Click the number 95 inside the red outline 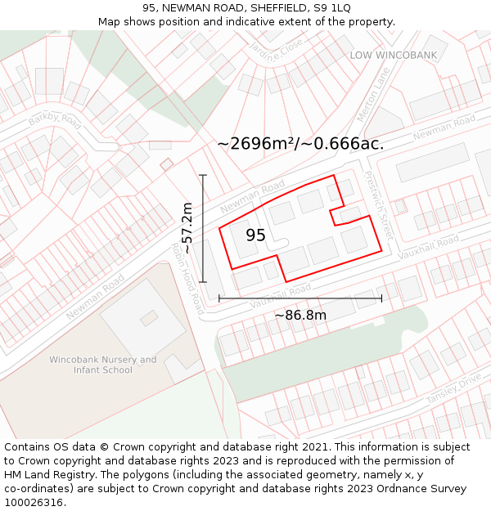tap(255, 235)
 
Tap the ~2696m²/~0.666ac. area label tap(300, 144)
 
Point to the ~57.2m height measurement tap(187, 228)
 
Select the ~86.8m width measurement tap(300, 316)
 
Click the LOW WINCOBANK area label tap(394, 55)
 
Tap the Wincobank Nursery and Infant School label tap(102, 365)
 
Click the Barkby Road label tap(56, 121)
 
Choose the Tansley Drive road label tap(453, 389)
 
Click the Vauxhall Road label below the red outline tap(281, 295)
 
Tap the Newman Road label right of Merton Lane tap(444, 128)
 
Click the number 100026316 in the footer tap(35, 502)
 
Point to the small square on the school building tap(149, 317)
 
